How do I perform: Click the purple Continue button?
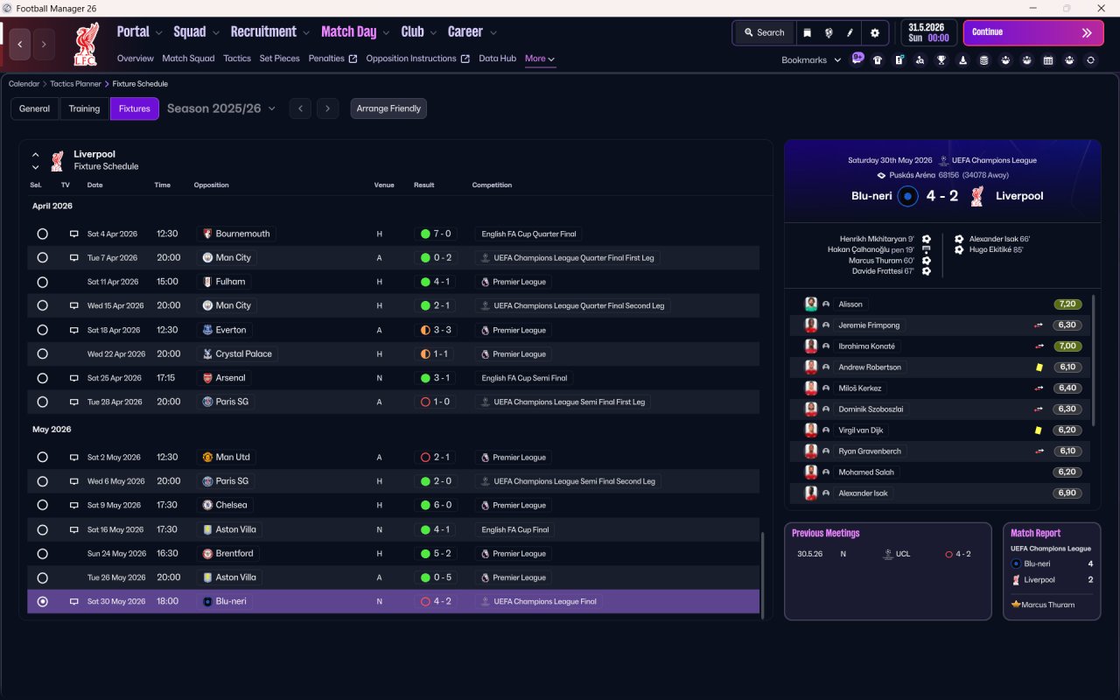(1033, 32)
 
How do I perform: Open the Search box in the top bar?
(764, 32)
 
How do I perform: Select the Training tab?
(84, 108)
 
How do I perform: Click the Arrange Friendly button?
(388, 108)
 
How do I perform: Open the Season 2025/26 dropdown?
(221, 108)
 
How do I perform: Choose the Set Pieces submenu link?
(279, 59)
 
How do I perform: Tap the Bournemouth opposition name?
(242, 234)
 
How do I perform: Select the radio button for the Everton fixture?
(43, 330)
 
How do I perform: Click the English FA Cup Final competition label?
(515, 529)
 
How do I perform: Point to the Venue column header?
(384, 185)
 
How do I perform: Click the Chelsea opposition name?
(231, 505)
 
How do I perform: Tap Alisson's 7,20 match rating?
(1067, 304)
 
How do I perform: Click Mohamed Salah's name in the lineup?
(866, 472)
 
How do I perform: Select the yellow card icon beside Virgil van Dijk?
(1039, 430)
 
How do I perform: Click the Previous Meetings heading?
(825, 533)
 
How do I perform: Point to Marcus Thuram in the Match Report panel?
(1048, 605)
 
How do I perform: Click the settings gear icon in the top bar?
(874, 33)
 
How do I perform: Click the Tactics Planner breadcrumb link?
(75, 83)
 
